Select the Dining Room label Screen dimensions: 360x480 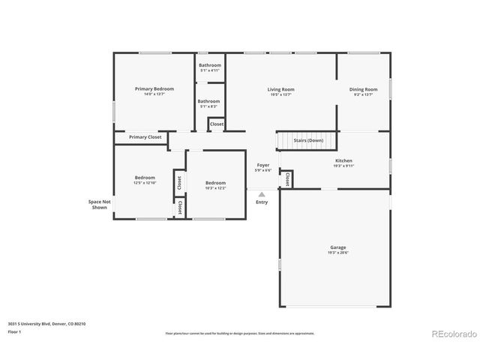363,91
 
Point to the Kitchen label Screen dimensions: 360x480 343,163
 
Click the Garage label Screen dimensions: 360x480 337,250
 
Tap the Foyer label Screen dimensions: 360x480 262,167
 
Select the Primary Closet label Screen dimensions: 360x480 145,137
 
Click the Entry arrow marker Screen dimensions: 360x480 262,193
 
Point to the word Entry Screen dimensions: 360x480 262,202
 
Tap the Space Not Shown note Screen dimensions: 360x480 99,205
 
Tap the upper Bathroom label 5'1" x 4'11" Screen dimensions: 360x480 209,67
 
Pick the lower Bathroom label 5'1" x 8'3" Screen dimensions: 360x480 208,103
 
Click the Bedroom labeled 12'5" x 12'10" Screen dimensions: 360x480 144,180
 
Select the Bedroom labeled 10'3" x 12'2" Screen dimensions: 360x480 215,185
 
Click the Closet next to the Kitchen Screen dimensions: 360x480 286,178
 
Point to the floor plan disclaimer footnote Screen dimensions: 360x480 239,333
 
